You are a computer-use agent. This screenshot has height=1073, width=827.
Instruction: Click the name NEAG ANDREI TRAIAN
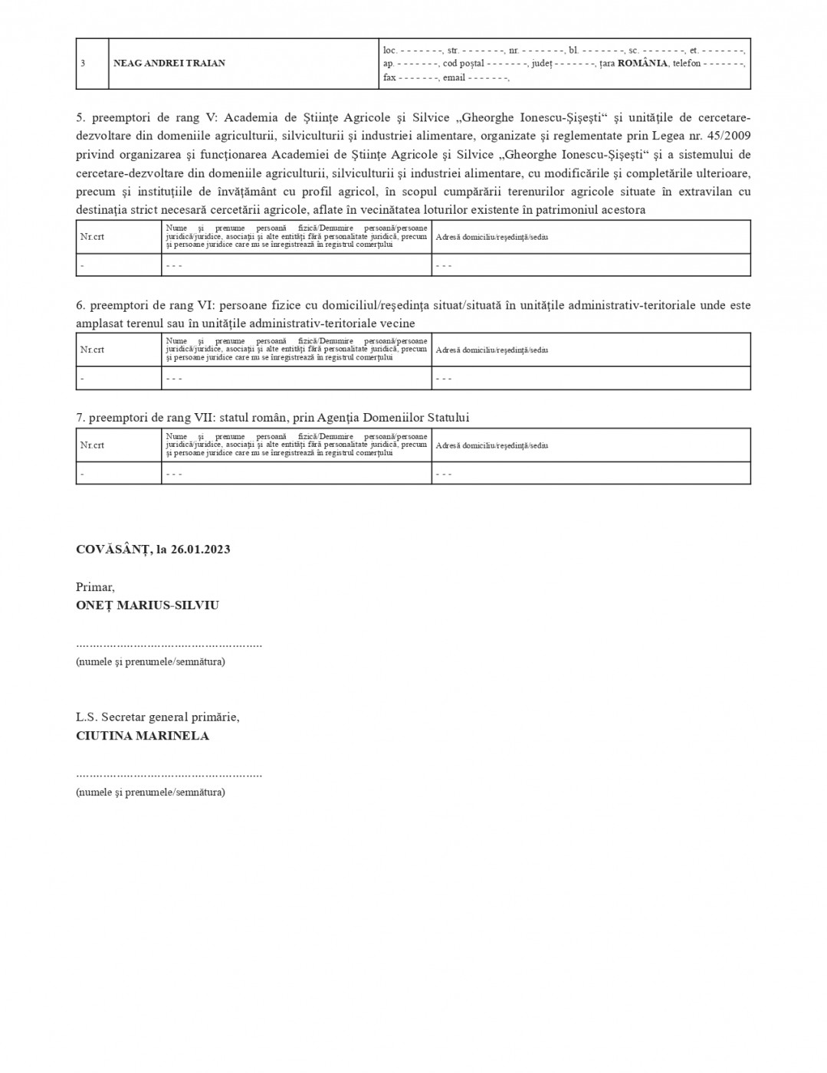click(x=169, y=64)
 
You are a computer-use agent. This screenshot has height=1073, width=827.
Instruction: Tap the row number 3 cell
click(x=83, y=64)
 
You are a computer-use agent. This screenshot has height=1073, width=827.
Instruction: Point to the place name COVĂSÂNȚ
click(x=112, y=550)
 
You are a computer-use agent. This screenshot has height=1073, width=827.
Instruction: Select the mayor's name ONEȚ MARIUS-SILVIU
click(x=147, y=605)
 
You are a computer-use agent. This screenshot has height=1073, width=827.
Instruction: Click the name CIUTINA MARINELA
click(x=143, y=736)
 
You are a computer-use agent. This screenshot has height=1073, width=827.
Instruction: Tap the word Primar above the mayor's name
click(x=94, y=587)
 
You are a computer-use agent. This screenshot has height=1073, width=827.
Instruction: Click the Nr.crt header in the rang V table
click(x=92, y=237)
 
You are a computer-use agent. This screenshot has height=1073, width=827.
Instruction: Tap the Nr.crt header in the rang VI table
click(x=92, y=349)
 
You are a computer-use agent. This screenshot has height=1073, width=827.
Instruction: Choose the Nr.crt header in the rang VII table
click(x=92, y=445)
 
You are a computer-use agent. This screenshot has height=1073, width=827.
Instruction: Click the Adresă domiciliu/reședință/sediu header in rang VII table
click(x=491, y=445)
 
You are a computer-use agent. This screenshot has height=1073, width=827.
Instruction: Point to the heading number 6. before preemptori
click(x=80, y=305)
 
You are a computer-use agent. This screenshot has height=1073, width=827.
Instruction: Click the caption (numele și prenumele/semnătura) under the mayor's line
click(x=150, y=661)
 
